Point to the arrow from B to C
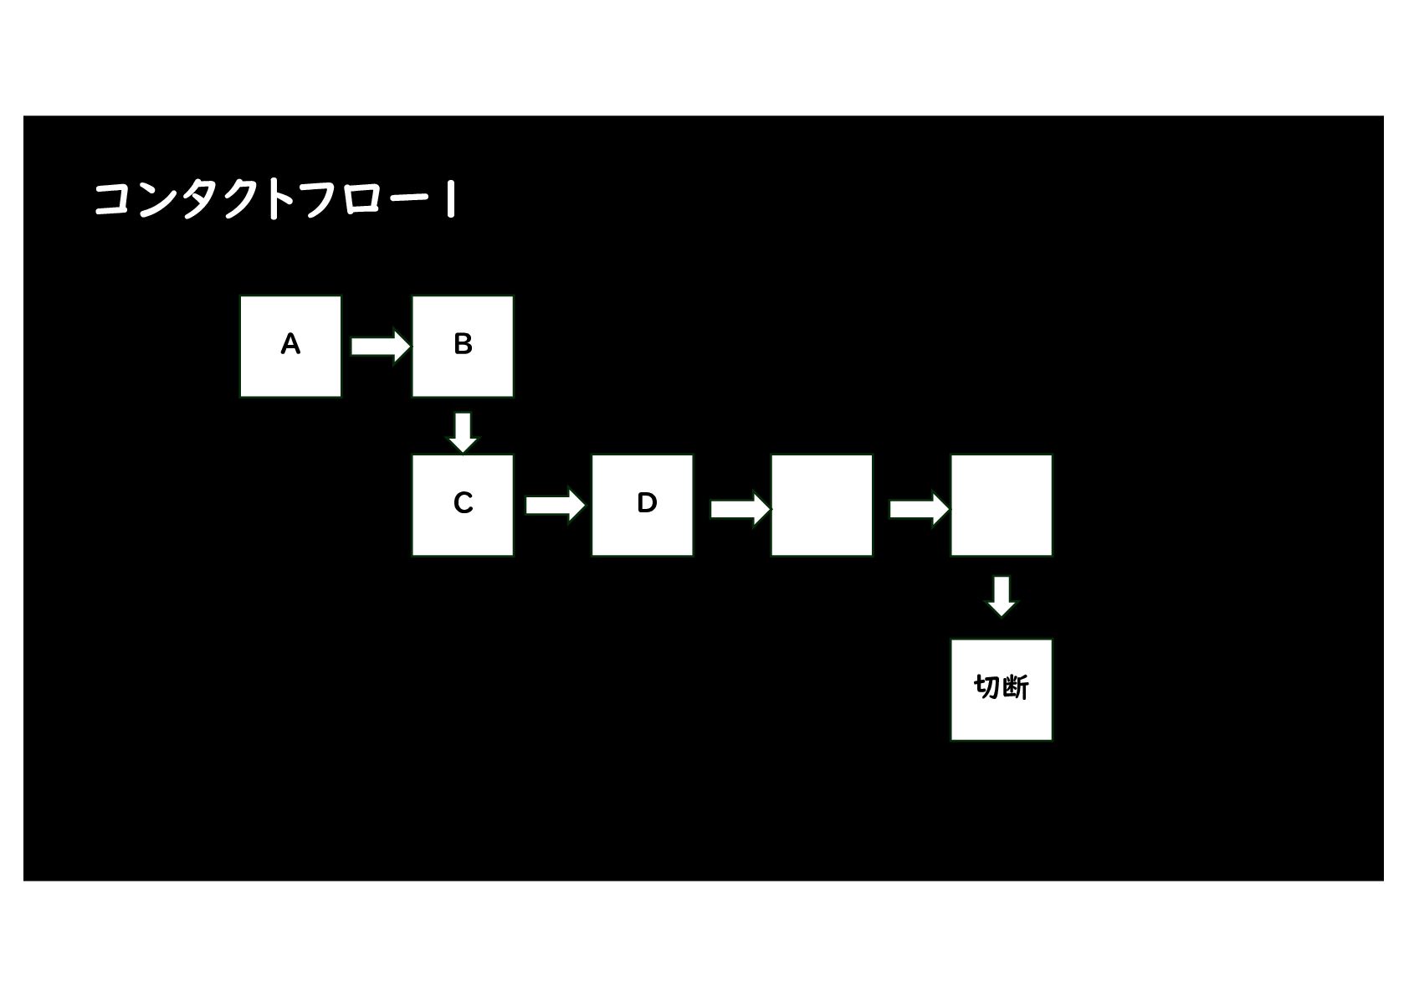[463, 432]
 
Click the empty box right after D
[822, 505]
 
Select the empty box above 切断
[1002, 505]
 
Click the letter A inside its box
[290, 344]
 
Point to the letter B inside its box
[463, 344]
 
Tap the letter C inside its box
[463, 503]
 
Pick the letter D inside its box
[647, 503]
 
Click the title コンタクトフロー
[259, 200]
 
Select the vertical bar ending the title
[451, 201]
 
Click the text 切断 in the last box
[1002, 687]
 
